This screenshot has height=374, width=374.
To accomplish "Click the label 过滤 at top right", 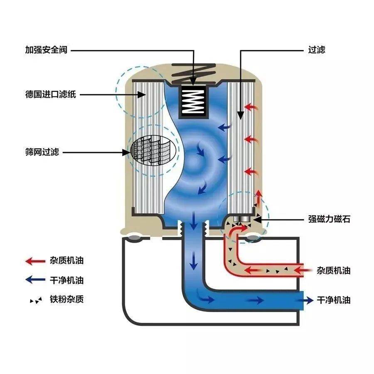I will coord(316,50).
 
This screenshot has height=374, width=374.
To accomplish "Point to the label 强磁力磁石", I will coord(329,219).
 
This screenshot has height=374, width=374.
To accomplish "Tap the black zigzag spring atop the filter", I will coord(193,72).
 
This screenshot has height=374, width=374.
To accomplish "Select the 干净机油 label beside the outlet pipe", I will coord(334,300).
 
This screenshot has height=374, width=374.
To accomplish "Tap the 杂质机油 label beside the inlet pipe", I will coord(334,271).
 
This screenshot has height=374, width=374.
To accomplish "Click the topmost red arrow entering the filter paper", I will coord(250,107).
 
